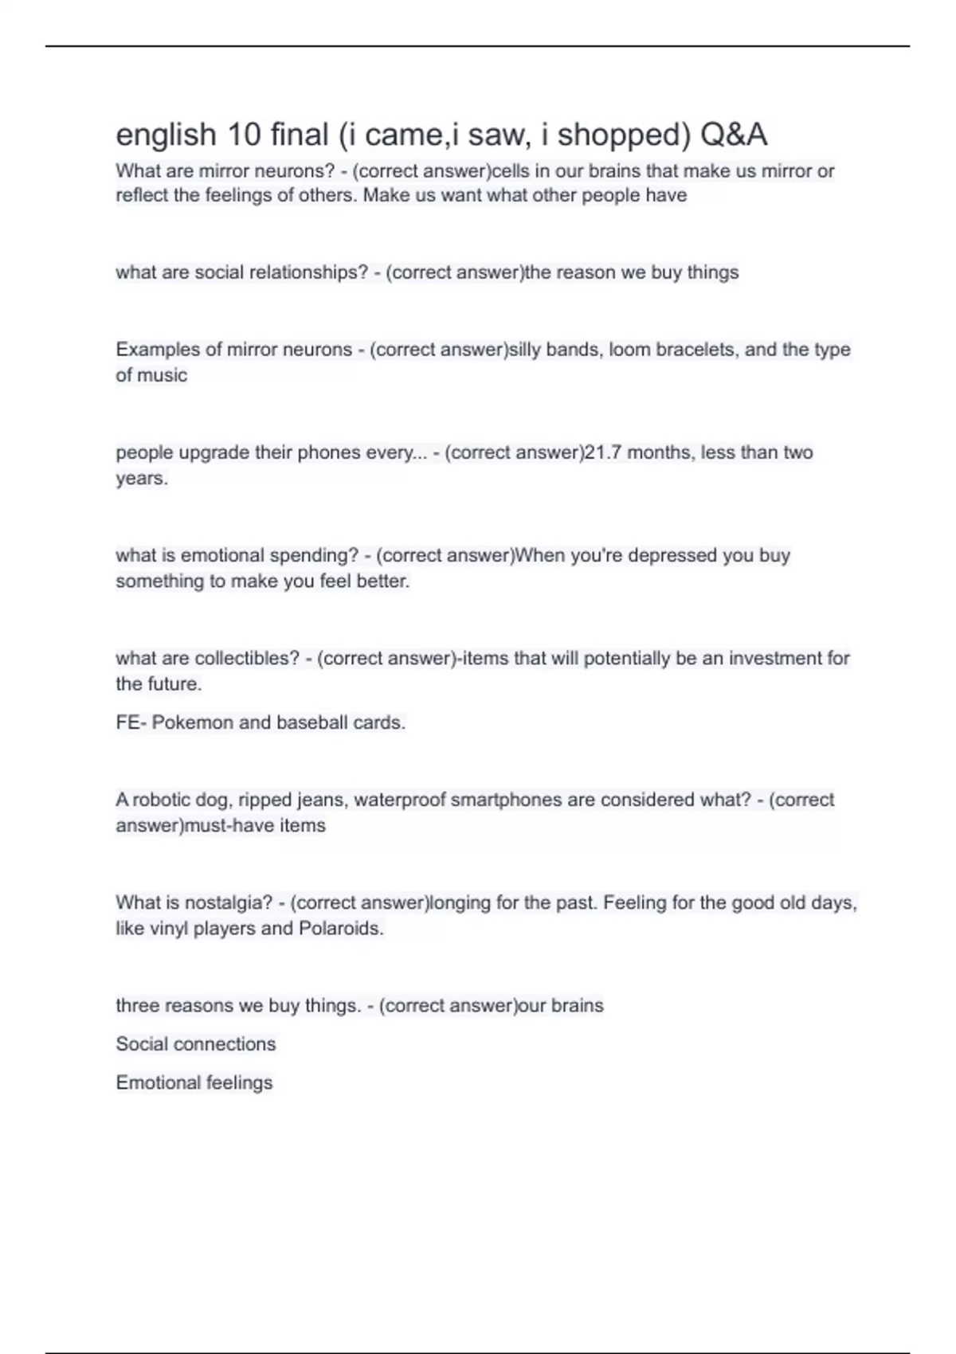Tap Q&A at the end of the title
tap(734, 135)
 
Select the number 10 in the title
tap(244, 135)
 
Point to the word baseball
tap(311, 722)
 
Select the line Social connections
tap(196, 1044)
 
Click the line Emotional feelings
tap(194, 1082)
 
